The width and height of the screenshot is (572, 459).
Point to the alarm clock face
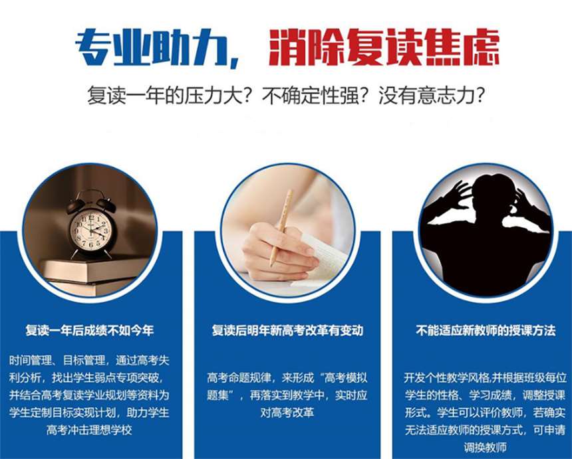[x=91, y=230]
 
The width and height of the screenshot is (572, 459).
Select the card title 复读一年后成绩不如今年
[x=90, y=330]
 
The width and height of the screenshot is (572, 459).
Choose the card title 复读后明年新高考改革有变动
[x=287, y=330]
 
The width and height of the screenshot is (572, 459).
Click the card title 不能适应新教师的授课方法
[x=486, y=330]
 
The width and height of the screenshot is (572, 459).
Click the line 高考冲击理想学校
[x=90, y=430]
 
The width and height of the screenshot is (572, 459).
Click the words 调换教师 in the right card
[x=486, y=447]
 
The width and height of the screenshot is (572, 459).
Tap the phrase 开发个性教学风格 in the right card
[x=443, y=378]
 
